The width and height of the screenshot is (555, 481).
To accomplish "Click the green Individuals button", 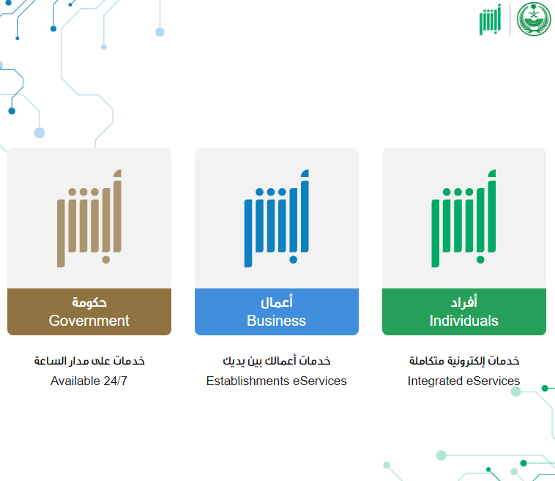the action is click(464, 311).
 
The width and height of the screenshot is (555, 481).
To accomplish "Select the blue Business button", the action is click(277, 311).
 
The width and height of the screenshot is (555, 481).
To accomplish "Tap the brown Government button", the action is click(89, 311).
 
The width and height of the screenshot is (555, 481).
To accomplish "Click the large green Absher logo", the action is click(463, 218).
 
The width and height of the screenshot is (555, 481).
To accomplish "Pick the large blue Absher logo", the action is click(277, 218).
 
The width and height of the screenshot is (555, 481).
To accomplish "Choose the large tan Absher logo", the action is click(89, 218).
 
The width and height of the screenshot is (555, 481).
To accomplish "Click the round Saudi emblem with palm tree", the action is click(534, 19).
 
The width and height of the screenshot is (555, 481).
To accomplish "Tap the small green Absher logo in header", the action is click(491, 20).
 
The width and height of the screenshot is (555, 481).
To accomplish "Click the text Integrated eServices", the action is click(463, 381).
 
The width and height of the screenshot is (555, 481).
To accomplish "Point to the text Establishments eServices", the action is click(277, 381).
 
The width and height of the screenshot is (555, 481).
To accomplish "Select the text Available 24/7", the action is click(89, 381).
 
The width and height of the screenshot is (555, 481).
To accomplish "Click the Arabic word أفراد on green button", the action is click(463, 302).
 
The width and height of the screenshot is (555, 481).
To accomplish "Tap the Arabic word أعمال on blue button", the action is click(277, 302).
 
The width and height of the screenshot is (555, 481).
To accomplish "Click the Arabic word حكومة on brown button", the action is click(89, 302).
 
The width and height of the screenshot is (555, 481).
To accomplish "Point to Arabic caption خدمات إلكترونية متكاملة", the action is click(464, 361).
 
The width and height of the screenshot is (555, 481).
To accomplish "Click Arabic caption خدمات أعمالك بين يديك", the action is click(277, 361).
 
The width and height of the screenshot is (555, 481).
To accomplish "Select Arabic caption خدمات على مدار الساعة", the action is click(89, 361).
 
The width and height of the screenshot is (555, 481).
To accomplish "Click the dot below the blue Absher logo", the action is click(293, 260).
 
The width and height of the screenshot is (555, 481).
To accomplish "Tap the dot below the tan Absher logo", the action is click(106, 260).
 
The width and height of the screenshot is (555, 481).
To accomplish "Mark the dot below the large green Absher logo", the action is click(480, 260).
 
